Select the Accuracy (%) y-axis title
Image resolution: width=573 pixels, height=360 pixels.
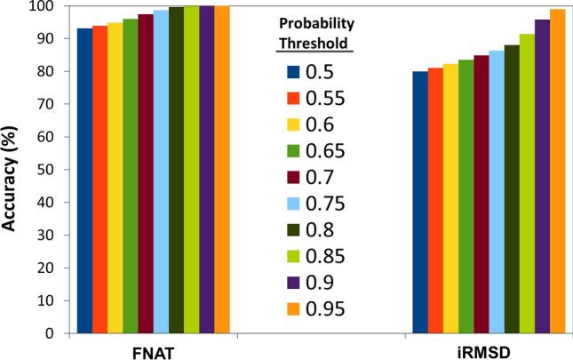coord(12,169)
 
